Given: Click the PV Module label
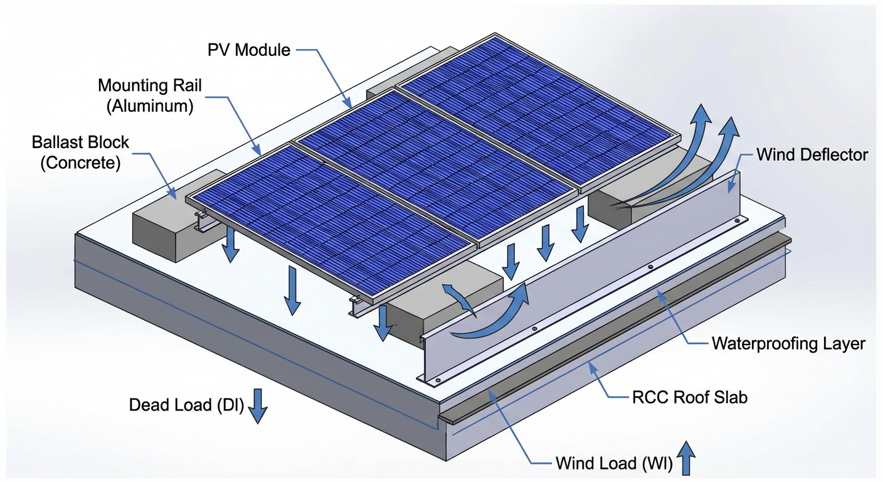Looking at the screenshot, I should coord(249,50).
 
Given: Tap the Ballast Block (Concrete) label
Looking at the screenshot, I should coord(80,152).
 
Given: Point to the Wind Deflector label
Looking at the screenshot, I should coord(812,154).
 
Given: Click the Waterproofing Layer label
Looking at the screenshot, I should coord(788,343).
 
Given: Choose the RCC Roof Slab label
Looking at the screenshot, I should coord(688,397).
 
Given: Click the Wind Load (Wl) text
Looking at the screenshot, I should coord(613,464).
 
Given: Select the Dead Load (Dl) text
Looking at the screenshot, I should coord(186,405).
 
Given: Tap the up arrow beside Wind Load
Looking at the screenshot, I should coord(687,457).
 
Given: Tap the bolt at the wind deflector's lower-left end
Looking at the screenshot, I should coord(437,380).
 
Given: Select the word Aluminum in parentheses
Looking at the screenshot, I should coord(149,105).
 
